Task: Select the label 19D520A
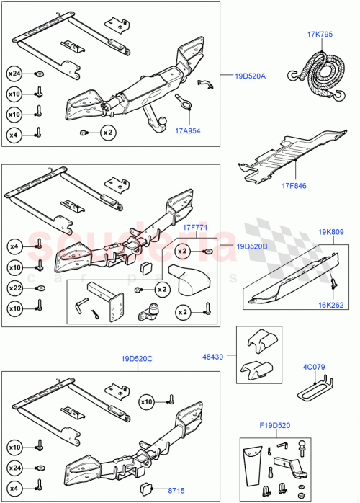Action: (250, 75)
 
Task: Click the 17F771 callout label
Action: (196, 228)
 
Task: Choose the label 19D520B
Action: (251, 246)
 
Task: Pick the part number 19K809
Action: (331, 232)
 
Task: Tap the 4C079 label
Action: (314, 367)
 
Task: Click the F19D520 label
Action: (274, 424)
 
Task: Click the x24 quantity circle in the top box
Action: (14, 73)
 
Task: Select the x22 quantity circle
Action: (14, 288)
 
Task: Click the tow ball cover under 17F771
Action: (189, 279)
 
